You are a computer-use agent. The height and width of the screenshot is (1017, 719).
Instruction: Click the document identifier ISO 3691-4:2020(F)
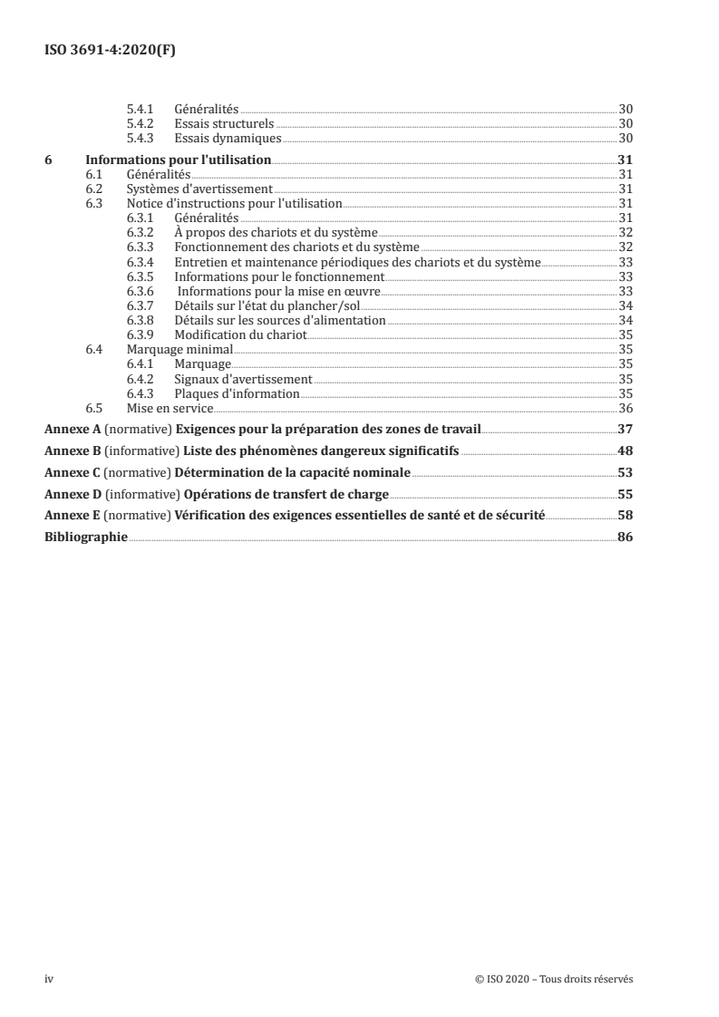coord(110,51)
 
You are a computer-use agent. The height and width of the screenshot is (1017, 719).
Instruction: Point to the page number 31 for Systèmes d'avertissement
coord(625,189)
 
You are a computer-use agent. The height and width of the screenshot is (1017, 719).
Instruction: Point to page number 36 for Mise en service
coord(625,407)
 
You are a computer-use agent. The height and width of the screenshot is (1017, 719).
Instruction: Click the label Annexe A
coord(73,429)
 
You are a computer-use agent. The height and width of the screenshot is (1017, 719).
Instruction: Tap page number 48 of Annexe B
coord(625,450)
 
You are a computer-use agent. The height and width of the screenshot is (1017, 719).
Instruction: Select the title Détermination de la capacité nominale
coord(293,472)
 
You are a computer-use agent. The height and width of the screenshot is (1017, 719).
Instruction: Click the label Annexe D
coord(73,494)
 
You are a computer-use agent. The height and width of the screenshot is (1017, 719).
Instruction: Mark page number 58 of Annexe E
coord(625,516)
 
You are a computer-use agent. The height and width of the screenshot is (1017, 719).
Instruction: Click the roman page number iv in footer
coord(50,979)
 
